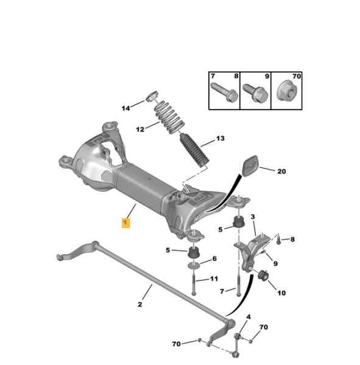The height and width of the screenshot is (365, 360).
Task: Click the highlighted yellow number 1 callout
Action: pos(125,223)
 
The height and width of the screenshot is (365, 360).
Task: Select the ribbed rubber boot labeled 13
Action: pos(194,150)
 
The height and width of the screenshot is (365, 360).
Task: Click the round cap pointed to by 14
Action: pos(152,96)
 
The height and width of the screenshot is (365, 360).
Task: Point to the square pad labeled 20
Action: pos(250,165)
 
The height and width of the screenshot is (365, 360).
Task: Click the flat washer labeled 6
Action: pos(194,265)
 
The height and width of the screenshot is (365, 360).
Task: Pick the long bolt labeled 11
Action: pos(194,283)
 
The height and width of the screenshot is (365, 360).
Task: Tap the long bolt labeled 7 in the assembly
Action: pos(238,285)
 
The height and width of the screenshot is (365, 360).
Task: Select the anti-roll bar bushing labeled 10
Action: pos(264,275)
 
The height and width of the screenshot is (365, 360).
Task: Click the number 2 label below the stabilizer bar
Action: pos(140,304)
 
